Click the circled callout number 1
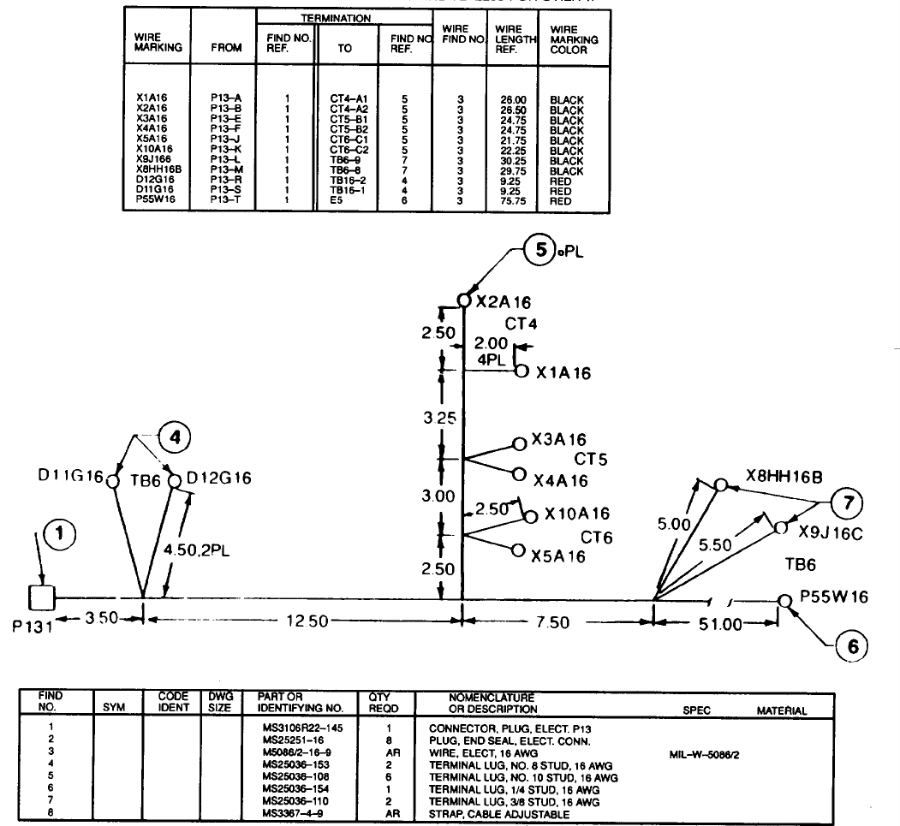(59, 536)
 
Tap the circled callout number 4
(175, 437)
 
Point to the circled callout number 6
(851, 646)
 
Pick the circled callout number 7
(848, 503)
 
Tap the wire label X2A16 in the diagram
(504, 301)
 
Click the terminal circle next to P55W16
(784, 600)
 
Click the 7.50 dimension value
(552, 622)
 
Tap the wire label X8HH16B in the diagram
(784, 476)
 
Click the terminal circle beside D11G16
(111, 480)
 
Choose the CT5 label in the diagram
(591, 460)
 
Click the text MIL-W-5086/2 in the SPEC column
(706, 753)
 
